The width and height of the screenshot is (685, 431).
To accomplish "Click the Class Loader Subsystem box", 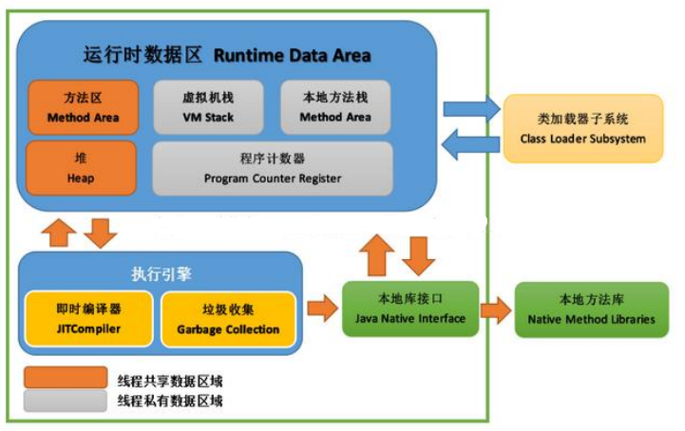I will coord(582,130).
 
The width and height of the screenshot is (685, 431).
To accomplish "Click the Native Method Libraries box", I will coord(591,309).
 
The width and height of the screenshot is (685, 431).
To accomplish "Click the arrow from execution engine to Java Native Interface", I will coord(323,308).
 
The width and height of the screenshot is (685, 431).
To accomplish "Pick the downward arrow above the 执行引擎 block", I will coord(100,231).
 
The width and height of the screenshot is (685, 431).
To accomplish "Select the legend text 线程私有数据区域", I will coord(170,402).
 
